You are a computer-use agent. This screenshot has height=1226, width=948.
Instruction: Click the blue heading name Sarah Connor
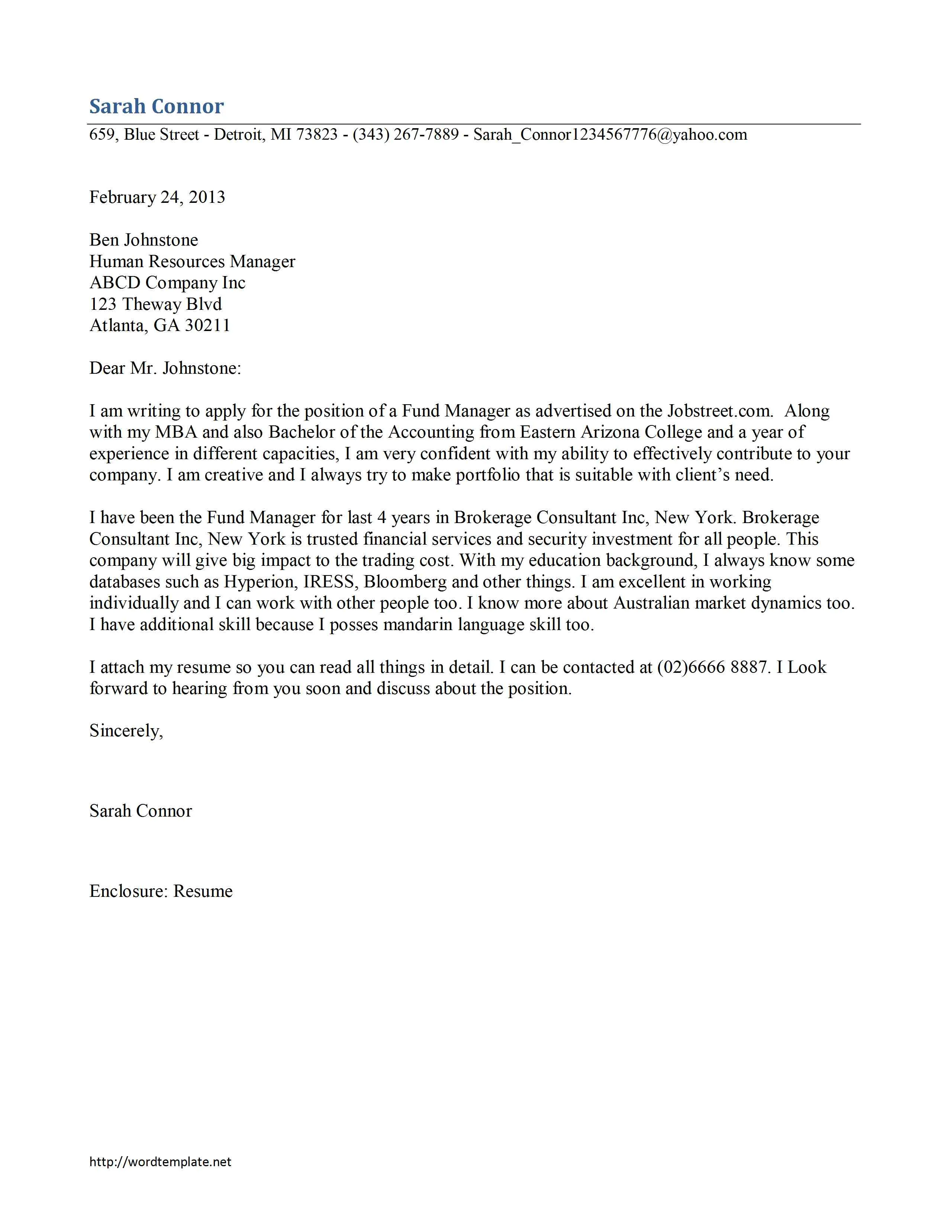click(156, 106)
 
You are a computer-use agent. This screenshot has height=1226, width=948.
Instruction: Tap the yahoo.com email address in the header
click(610, 135)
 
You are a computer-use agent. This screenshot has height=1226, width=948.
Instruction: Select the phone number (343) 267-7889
click(406, 135)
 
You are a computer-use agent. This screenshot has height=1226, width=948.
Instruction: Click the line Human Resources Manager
click(192, 261)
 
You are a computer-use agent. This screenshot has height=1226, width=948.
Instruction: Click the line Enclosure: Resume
click(161, 891)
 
